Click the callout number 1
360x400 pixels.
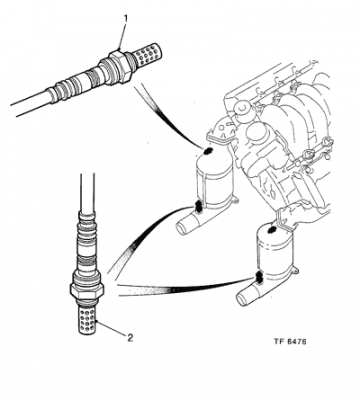126,19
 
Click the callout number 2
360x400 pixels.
130,338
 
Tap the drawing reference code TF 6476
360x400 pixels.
290,342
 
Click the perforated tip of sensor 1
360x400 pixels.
148,53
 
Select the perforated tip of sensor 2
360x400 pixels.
88,318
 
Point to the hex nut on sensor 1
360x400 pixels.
120,66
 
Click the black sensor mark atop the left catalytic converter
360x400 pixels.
208,151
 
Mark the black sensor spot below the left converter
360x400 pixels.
198,207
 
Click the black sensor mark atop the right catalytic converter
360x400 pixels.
271,229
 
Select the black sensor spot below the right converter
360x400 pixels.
258,276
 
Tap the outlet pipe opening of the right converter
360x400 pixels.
241,299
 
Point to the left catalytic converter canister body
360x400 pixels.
213,182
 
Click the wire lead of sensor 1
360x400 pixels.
30,103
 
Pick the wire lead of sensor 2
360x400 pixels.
87,192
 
